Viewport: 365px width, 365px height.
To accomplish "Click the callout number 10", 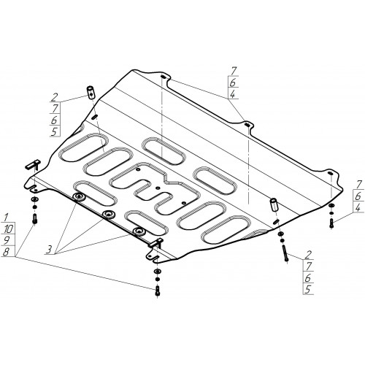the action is [x=9, y=229].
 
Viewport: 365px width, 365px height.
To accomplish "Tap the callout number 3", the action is [x=49, y=250].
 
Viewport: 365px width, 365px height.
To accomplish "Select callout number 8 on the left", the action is [x=6, y=252].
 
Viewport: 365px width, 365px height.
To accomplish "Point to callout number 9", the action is [x=7, y=240].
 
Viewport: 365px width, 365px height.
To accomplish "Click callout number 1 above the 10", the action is [x=7, y=217].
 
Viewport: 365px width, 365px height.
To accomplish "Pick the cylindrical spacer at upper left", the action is [x=91, y=92].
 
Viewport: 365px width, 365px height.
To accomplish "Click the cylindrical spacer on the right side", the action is [x=274, y=205].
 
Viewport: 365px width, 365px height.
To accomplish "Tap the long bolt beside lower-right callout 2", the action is [x=285, y=253].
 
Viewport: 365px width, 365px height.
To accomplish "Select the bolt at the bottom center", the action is [x=158, y=291].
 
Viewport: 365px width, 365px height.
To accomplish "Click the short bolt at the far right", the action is [x=331, y=223].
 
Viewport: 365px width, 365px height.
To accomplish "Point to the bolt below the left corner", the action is [x=34, y=220].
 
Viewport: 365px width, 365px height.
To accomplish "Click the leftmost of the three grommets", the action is [x=79, y=196].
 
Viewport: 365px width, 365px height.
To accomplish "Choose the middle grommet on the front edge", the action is [x=108, y=214].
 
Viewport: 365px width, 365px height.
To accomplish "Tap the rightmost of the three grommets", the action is [x=139, y=231].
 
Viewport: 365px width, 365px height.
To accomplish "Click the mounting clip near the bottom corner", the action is [x=155, y=244].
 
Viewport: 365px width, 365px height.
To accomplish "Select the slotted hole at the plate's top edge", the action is [x=164, y=77].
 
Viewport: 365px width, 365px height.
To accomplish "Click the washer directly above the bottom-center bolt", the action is [x=158, y=271].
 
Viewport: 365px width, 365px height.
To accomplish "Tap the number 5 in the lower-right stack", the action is [x=308, y=290].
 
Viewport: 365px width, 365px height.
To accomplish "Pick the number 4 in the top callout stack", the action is [x=233, y=94].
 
